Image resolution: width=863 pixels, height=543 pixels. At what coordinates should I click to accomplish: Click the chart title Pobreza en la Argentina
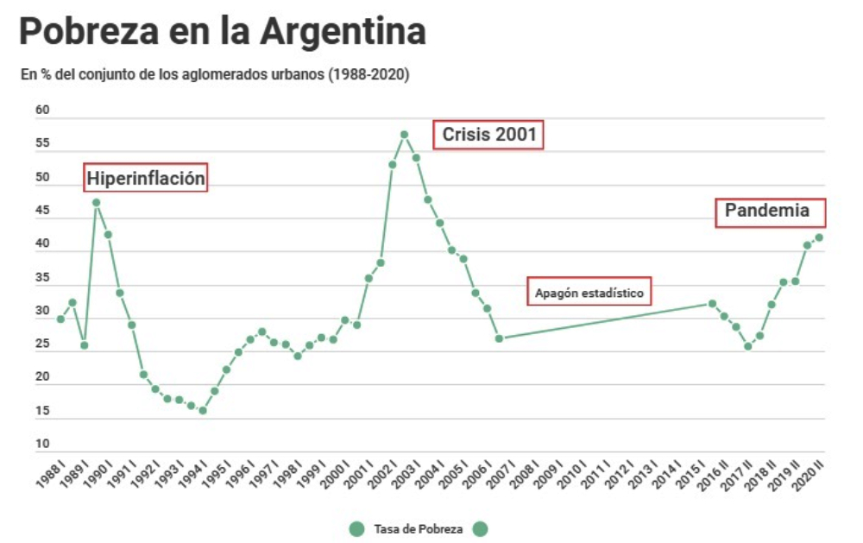click(223, 33)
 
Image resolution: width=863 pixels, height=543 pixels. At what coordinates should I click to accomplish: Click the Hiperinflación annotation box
click(147, 179)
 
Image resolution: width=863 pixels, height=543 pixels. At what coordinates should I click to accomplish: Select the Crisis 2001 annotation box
click(488, 135)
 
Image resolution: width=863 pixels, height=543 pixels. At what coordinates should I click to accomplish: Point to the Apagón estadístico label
click(589, 293)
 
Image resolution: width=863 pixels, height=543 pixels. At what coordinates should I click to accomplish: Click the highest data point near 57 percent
click(404, 135)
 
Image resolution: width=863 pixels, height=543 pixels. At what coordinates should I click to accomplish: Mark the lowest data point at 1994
click(203, 411)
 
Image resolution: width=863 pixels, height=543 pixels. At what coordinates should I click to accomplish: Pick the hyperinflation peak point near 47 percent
click(97, 203)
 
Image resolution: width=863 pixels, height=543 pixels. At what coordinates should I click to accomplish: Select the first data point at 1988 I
click(60, 319)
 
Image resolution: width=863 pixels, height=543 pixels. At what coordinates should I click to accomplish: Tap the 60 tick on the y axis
click(42, 110)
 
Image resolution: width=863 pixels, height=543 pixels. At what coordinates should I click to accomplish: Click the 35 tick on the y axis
click(42, 279)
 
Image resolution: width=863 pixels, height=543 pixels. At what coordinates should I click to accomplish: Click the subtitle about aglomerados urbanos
click(215, 75)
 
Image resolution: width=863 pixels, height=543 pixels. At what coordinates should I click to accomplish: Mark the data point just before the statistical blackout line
click(499, 338)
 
